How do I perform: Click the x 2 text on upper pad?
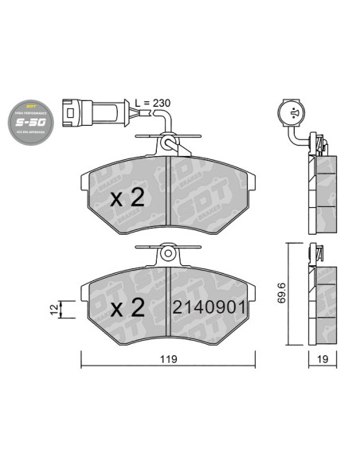[x=127, y=199]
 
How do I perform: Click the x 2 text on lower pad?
[x=127, y=307]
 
